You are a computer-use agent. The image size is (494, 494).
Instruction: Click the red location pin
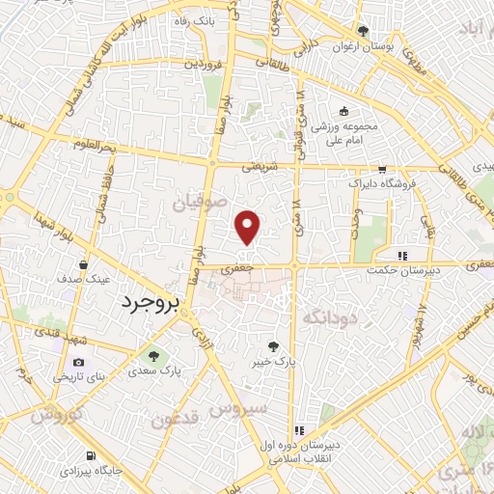pos(248,227)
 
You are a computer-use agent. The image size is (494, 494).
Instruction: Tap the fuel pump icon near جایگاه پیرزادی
pos(91,455)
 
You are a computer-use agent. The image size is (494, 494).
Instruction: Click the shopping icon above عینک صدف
pos(86,264)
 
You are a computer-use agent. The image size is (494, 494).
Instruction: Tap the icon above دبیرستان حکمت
pos(401,255)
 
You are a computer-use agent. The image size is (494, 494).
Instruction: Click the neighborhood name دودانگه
pos(330,316)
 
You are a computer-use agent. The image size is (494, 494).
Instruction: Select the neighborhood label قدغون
pos(175,421)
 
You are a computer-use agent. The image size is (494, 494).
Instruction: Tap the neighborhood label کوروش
pos(54,417)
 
